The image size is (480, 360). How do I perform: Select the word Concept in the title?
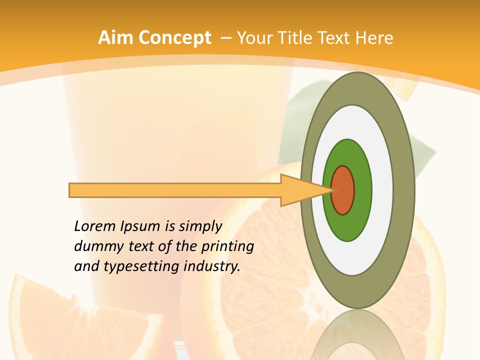point(174,38)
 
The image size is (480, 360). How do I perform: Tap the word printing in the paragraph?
point(227,247)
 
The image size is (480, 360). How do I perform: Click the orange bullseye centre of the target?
point(343,190)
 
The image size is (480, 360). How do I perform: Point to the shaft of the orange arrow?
point(175,190)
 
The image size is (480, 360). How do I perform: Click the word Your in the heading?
point(254,37)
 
